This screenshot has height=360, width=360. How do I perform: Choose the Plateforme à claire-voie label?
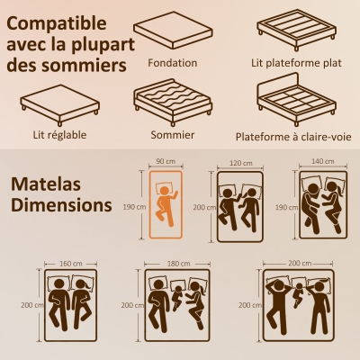click(x=292, y=137)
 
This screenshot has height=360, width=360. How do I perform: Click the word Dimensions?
click(x=61, y=204)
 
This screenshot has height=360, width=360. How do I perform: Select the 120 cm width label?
click(x=240, y=164)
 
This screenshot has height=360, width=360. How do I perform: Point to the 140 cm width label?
click(x=323, y=163)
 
